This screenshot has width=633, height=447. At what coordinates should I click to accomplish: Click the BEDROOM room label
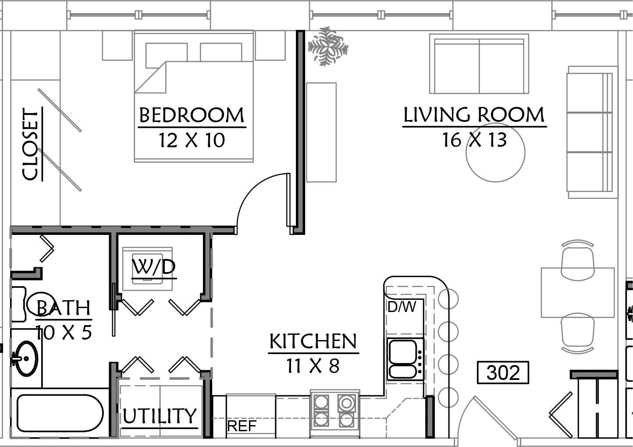pos(192,115)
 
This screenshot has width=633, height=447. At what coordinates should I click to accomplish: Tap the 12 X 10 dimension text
pos(192,140)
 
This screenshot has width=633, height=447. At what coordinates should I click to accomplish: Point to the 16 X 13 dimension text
pos(474,140)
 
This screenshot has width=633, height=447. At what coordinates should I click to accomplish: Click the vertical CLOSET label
pos(30,144)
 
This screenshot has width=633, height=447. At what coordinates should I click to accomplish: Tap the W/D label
pos(153,267)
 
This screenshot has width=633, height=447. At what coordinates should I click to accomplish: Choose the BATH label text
pos(63,308)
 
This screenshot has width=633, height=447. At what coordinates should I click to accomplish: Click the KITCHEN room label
pos(313,341)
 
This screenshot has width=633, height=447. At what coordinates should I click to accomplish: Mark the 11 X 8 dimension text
pos(313,366)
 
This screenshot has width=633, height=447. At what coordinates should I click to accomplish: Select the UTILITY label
pos(160,415)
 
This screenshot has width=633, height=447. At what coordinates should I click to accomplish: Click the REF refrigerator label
pos(242,426)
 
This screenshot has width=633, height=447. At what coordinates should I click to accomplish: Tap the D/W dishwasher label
pos(402,307)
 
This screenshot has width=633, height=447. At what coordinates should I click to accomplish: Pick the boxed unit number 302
pos(503,372)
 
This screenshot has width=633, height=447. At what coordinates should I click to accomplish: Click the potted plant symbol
pos(328,46)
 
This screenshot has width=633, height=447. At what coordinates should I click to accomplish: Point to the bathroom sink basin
pos(26,358)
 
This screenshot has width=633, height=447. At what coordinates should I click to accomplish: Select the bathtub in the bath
pos(60,413)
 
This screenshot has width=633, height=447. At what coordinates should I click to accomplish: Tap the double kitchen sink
pos(405,359)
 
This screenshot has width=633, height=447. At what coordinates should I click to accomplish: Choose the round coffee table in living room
pos(495,153)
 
